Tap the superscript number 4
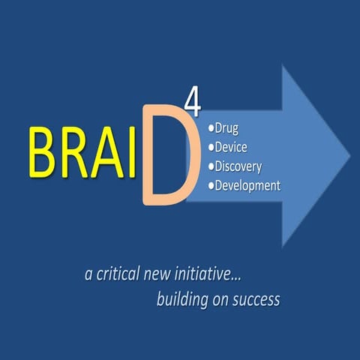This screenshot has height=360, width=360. [196, 105]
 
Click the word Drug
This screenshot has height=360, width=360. [228, 128]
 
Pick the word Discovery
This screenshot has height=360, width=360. [238, 166]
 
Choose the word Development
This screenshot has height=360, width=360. [247, 184]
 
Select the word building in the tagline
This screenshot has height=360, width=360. [182, 301]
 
